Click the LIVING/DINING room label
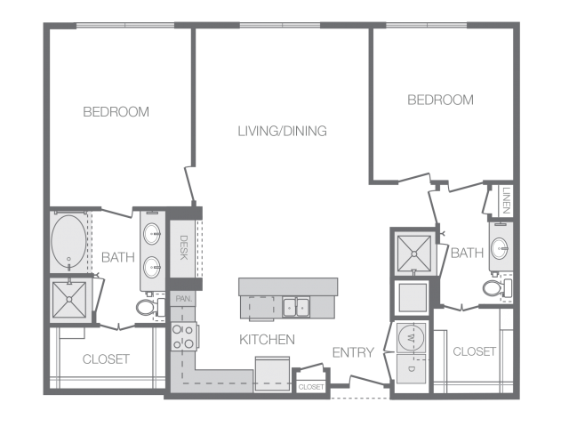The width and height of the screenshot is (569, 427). [x=283, y=131]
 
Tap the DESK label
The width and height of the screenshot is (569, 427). [x=184, y=247]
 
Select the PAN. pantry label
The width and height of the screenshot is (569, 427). [x=184, y=299]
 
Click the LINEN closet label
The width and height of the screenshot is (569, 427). [x=507, y=200]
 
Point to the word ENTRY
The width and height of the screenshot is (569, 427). [x=353, y=352]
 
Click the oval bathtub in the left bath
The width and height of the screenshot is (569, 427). [x=69, y=242]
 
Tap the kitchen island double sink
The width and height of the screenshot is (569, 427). [x=296, y=308]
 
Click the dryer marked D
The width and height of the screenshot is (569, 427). [x=411, y=368]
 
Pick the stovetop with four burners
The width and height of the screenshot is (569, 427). [x=184, y=336]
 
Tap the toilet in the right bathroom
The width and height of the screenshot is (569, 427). [x=497, y=288]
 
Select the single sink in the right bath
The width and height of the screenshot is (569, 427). [x=500, y=248]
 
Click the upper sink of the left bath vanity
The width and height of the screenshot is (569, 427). [x=152, y=234]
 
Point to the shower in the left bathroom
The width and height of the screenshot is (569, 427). [x=69, y=300]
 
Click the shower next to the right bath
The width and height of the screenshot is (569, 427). [x=414, y=254]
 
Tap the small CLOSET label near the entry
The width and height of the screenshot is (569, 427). [x=311, y=387]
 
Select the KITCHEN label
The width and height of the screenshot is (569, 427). [x=267, y=340]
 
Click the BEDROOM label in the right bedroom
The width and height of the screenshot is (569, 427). [x=441, y=100]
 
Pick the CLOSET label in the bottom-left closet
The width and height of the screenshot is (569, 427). [x=106, y=359]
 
